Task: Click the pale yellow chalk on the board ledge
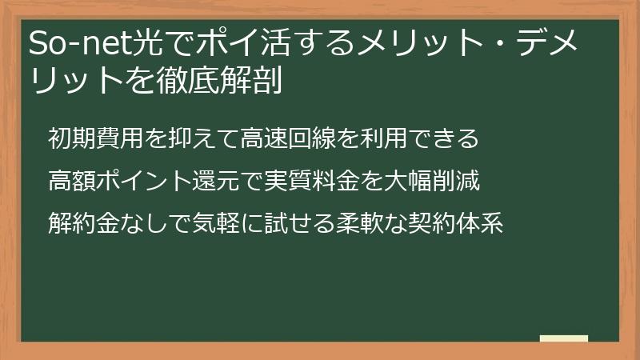564,338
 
